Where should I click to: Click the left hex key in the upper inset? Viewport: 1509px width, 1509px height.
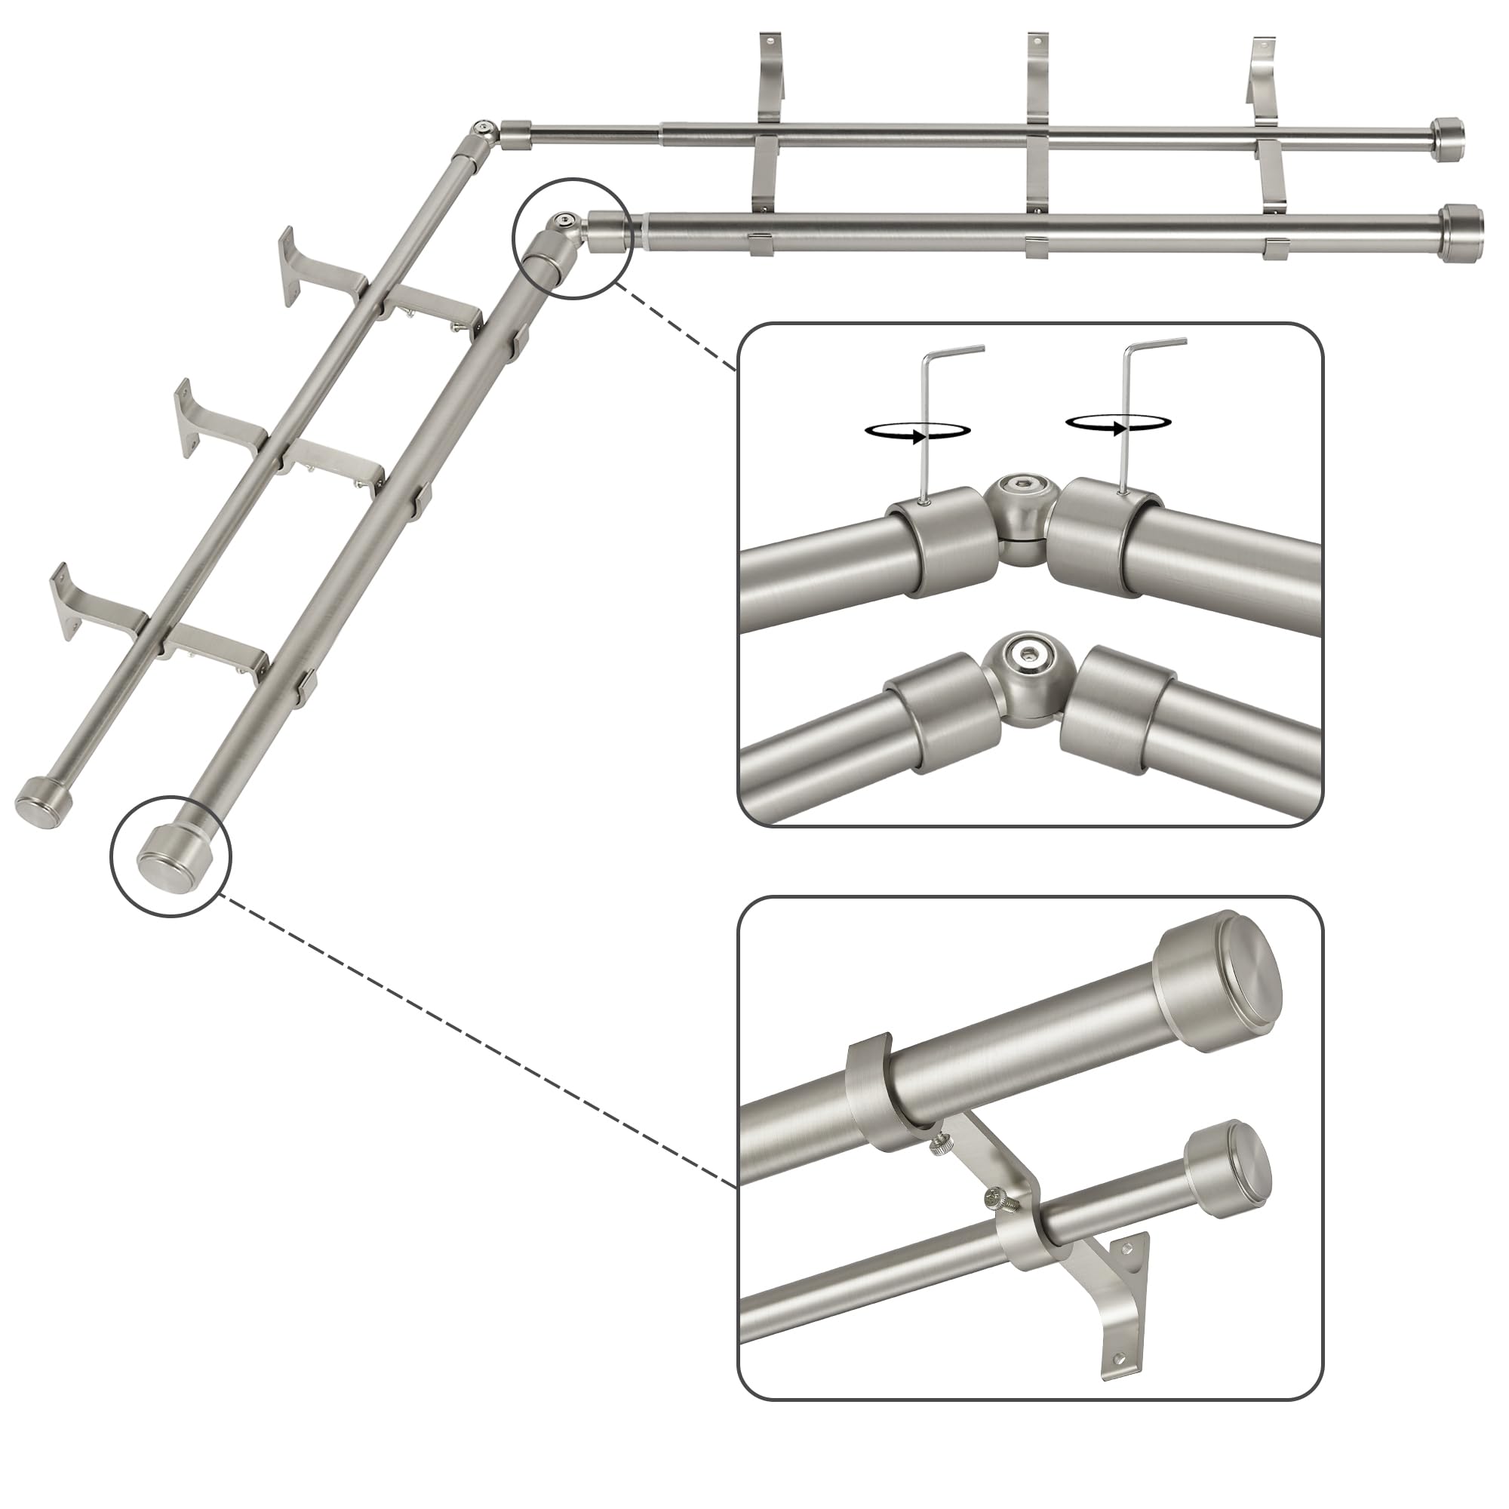927,422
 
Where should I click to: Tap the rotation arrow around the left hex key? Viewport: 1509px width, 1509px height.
917,430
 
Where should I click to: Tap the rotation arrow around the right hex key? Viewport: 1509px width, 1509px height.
1118,423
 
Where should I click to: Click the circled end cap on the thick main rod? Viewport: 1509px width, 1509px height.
169,856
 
